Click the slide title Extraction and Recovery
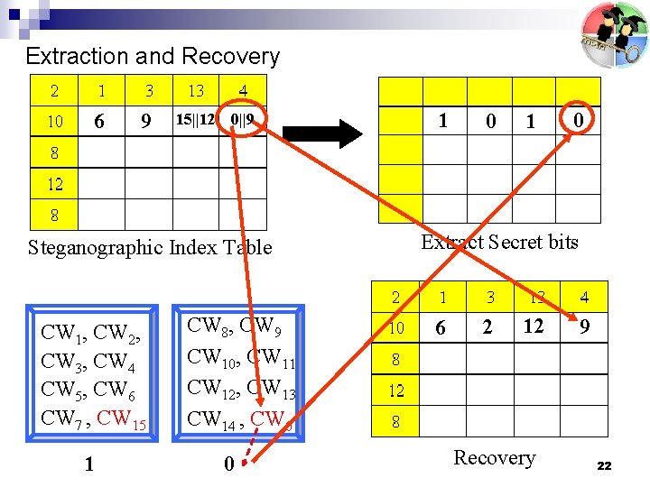(x=153, y=56)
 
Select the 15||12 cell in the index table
(x=195, y=119)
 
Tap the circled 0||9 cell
(x=242, y=119)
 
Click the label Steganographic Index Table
(x=149, y=247)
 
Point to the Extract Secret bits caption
(x=499, y=242)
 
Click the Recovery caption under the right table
(x=494, y=457)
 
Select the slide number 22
(x=604, y=466)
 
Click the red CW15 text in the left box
(x=126, y=418)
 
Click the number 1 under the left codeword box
(x=88, y=464)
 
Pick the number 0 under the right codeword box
(x=228, y=464)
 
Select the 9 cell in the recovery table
(x=585, y=327)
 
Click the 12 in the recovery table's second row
(x=534, y=326)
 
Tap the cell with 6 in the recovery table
(x=441, y=328)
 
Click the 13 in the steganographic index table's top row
(x=196, y=90)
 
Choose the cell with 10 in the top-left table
(x=55, y=121)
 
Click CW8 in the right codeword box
(x=206, y=326)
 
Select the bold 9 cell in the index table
(x=145, y=119)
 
